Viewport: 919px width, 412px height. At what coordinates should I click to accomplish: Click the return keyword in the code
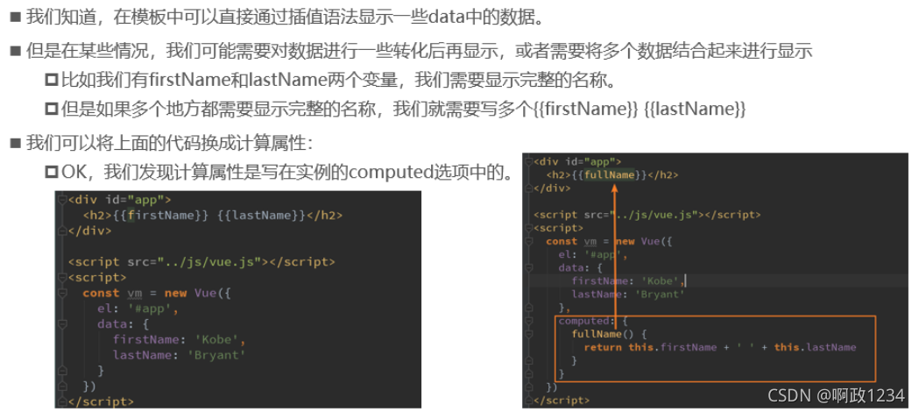(x=603, y=347)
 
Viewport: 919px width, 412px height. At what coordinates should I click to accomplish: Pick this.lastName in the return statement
(x=815, y=347)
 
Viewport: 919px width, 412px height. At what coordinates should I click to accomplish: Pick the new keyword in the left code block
(x=176, y=293)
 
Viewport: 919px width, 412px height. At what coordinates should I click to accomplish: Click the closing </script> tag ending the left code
(x=101, y=402)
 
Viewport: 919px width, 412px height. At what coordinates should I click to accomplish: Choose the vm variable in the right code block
(x=590, y=241)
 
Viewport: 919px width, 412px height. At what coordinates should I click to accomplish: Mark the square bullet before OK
(x=52, y=173)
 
